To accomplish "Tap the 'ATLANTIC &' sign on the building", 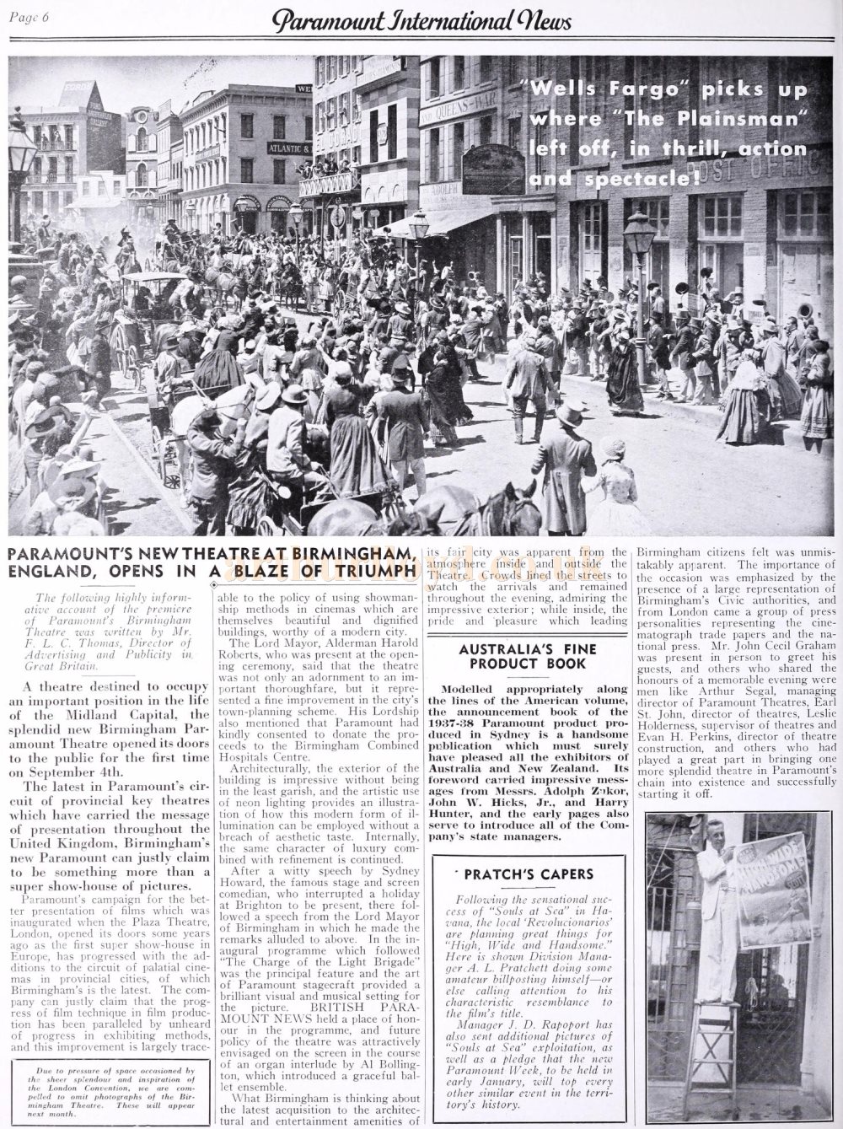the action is tap(289, 148).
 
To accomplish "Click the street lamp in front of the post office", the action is tap(639, 253).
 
